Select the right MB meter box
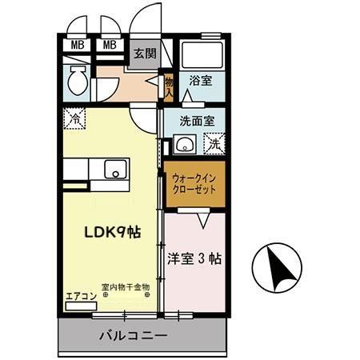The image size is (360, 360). [110, 46]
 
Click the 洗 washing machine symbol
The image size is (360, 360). [214, 145]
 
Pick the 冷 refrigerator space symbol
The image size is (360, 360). [74, 117]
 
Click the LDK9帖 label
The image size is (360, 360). [112, 233]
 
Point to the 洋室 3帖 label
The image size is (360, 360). [194, 260]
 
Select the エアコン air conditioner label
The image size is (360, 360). [81, 296]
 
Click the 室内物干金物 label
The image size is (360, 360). [126, 286]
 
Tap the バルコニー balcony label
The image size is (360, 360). [133, 336]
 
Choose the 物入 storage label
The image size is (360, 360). [170, 84]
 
